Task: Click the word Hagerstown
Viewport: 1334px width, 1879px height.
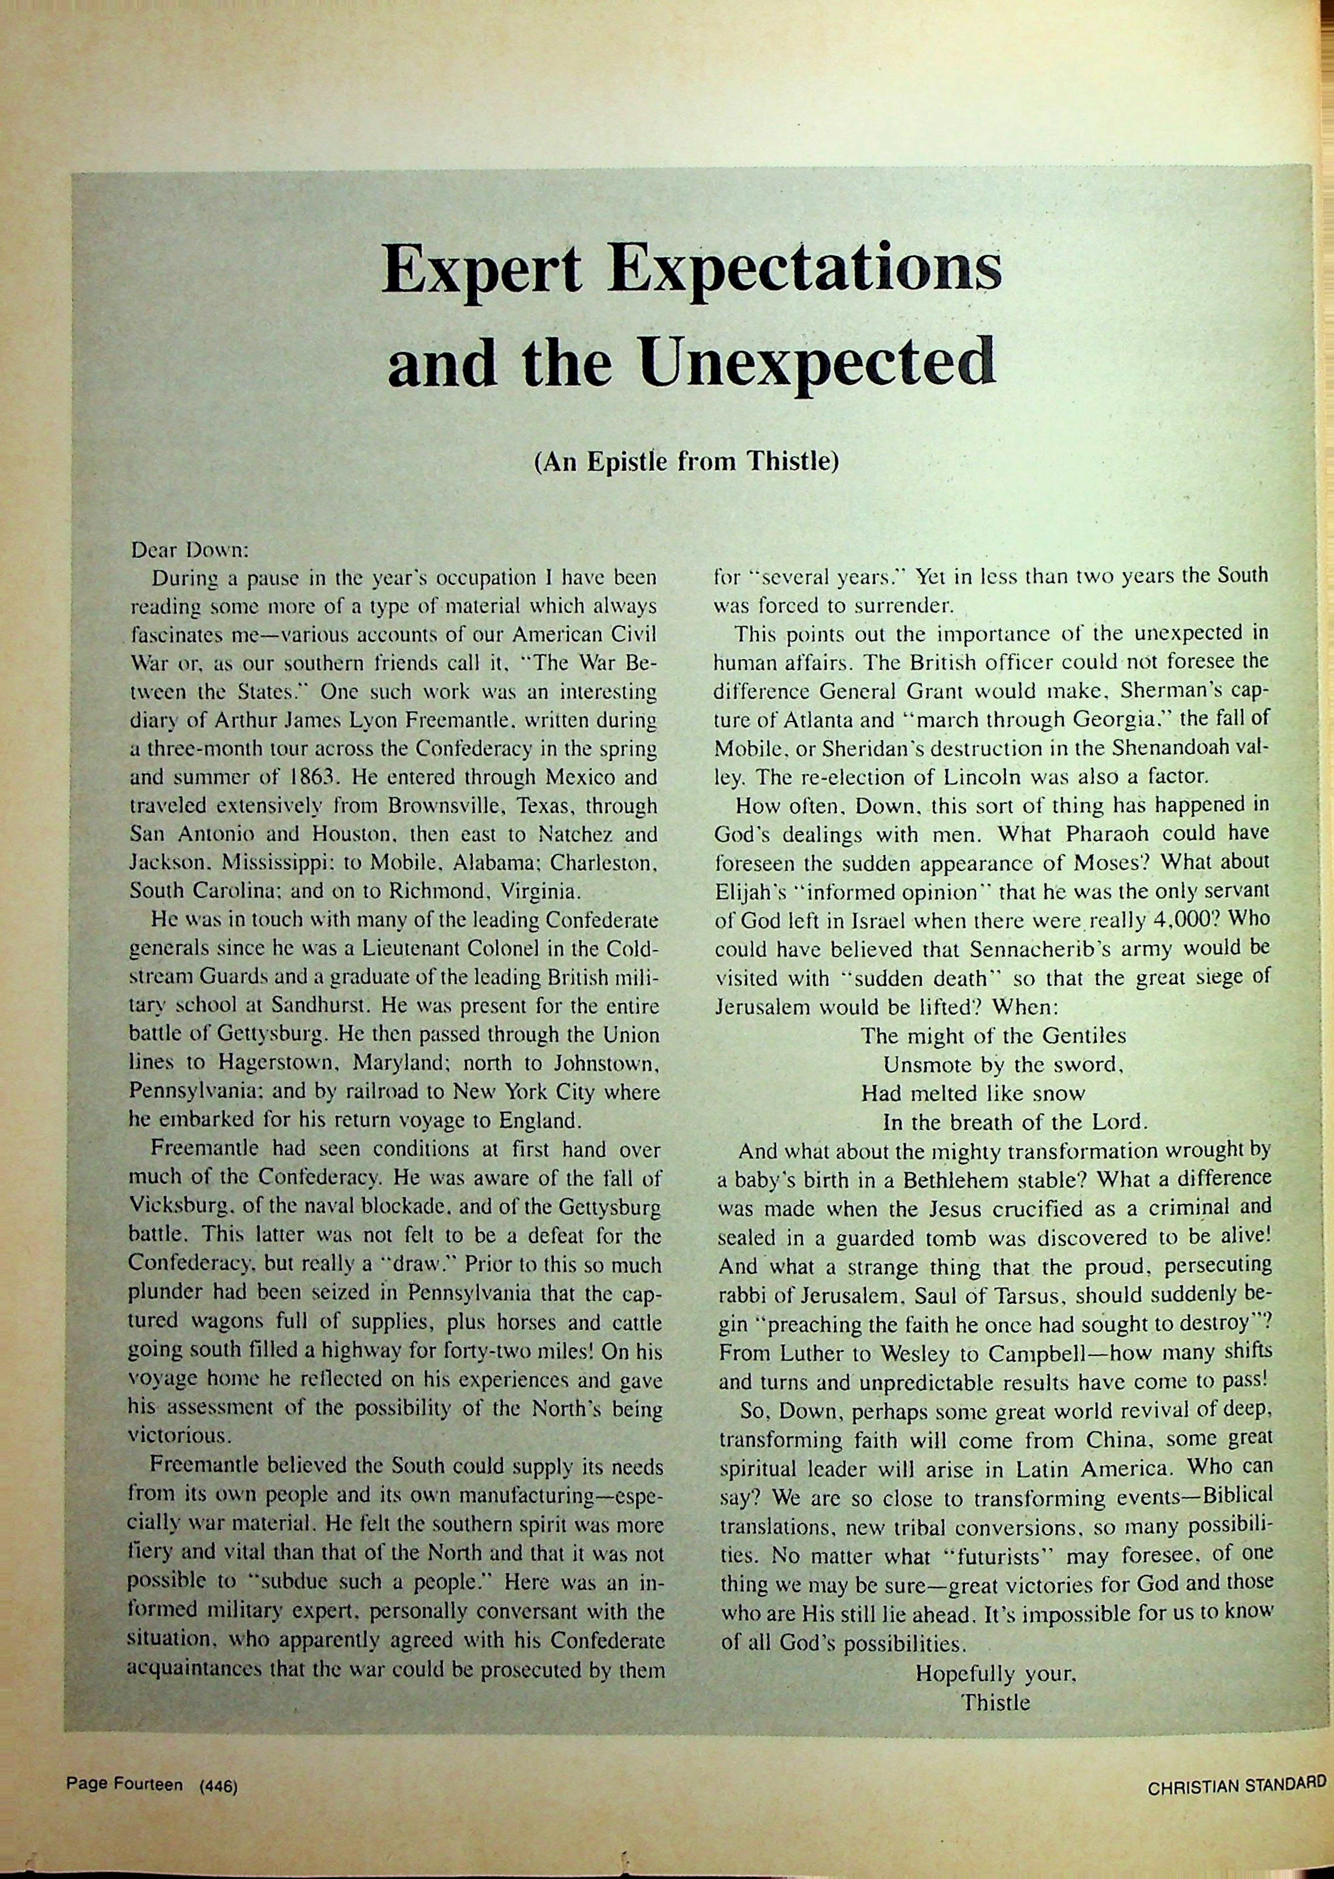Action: tap(275, 1064)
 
